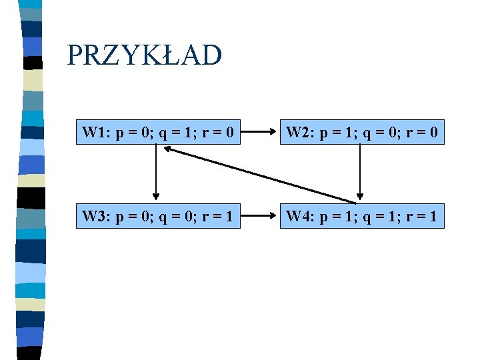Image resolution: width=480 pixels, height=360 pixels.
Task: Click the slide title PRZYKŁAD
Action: click(144, 55)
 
